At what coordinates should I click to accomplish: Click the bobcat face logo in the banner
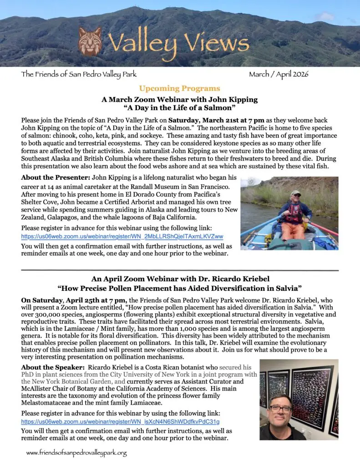pyautogui.click(x=90, y=41)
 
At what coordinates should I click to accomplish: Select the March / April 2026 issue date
pyautogui.click(x=278, y=75)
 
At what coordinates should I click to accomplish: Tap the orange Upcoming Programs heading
pyautogui.click(x=179, y=88)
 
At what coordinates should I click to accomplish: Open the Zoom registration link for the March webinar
pyautogui.click(x=122, y=237)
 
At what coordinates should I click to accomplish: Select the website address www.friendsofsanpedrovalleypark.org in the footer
pyautogui.click(x=76, y=453)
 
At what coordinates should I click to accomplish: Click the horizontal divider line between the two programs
pyautogui.click(x=179, y=270)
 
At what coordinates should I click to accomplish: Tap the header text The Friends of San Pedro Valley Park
pyautogui.click(x=78, y=75)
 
